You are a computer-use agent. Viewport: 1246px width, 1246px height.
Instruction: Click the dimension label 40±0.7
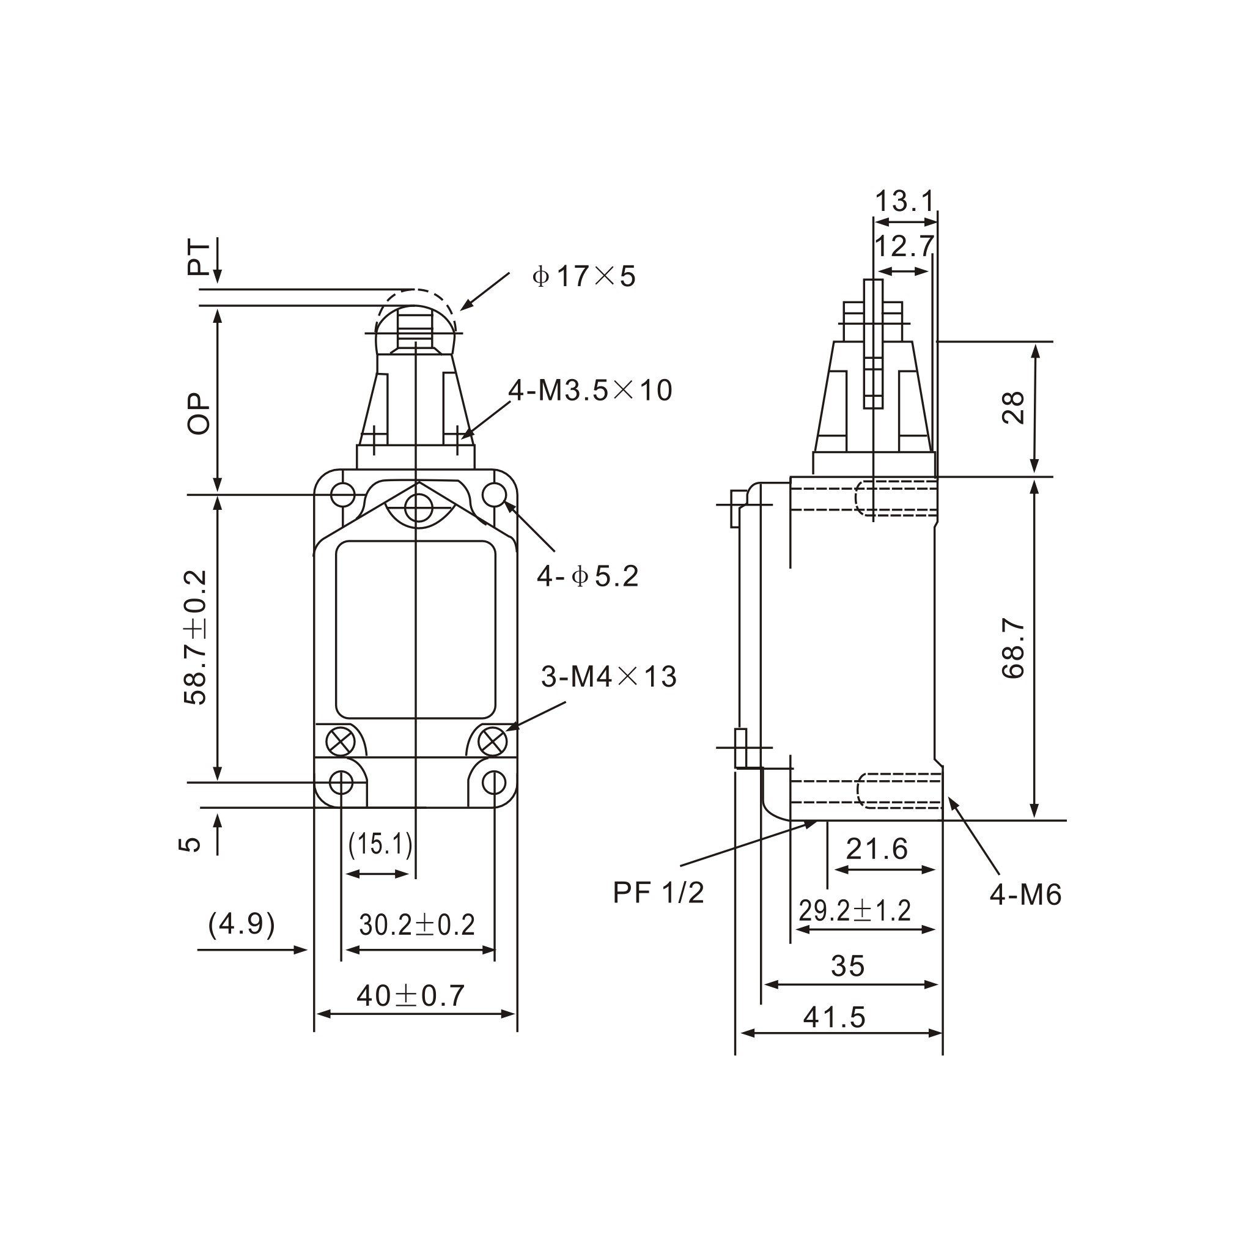(x=410, y=996)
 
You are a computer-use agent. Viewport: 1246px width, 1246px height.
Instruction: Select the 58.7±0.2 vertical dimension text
(x=196, y=637)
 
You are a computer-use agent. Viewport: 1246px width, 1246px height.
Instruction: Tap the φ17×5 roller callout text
(x=584, y=276)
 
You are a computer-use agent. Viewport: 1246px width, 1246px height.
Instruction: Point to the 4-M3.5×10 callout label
(x=590, y=390)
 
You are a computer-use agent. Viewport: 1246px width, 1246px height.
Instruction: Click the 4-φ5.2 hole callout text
(x=588, y=576)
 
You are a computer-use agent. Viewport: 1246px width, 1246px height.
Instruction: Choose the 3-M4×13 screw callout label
(x=609, y=677)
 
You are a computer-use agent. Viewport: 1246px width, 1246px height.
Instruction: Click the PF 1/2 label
(x=658, y=893)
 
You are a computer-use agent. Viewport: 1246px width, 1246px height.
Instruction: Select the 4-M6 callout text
(x=1025, y=895)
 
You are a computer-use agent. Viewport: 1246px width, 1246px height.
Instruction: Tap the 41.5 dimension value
(x=834, y=1018)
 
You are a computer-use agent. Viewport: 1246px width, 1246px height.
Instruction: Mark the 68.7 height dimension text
(x=1013, y=648)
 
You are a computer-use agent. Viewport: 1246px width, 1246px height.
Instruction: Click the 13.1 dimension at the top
(x=904, y=201)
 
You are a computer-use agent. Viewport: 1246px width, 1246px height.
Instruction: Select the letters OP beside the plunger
(x=199, y=413)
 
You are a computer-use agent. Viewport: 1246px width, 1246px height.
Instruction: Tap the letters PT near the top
(x=199, y=258)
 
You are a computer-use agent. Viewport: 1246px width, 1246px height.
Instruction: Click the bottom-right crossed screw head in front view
(x=493, y=742)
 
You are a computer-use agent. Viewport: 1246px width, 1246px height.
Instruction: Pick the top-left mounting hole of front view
(x=342, y=495)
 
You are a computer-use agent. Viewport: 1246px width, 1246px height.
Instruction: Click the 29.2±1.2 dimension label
(x=855, y=910)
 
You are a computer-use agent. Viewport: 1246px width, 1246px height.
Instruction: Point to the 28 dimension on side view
(x=1013, y=408)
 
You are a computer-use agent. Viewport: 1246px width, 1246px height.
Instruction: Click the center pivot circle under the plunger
(x=418, y=508)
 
